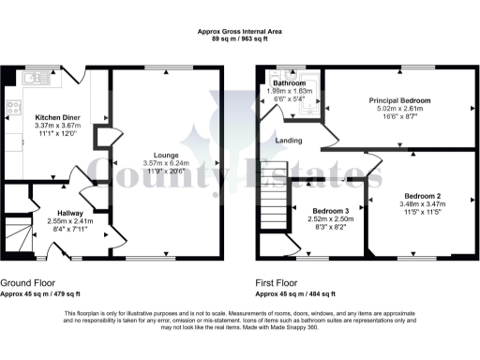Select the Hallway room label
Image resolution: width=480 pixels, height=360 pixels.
click(71, 214)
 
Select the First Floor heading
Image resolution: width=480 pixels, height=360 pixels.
click(280, 282)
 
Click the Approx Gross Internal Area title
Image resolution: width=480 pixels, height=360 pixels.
click(240, 32)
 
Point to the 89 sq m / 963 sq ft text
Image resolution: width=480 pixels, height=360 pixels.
click(240, 39)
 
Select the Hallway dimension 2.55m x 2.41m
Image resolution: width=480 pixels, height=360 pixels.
click(71, 222)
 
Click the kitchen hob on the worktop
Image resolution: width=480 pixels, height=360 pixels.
click(12, 107)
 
